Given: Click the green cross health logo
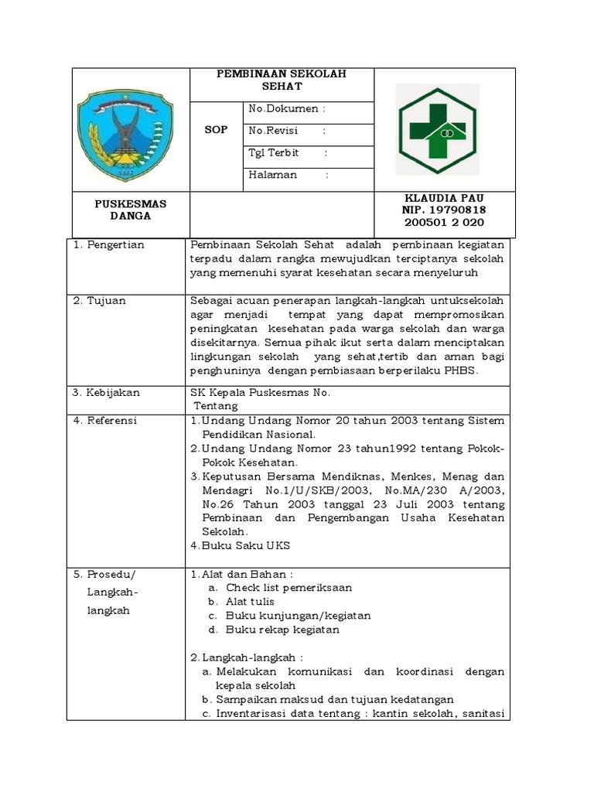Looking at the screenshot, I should [x=437, y=129].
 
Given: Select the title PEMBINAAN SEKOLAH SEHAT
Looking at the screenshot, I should [x=282, y=80].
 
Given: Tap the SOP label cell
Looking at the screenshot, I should [x=216, y=130].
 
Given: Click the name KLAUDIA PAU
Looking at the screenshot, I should [x=444, y=198].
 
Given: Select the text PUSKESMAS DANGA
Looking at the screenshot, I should [x=131, y=210].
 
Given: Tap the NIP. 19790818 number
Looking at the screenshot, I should [x=444, y=210].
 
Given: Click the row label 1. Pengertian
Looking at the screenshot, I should [x=109, y=245].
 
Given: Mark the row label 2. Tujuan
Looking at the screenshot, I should [x=101, y=301].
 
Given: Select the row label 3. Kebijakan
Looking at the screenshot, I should [x=107, y=393].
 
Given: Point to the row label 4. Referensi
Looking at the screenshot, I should [x=105, y=421].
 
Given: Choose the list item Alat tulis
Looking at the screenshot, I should [x=250, y=602].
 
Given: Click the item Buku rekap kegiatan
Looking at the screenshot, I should [x=282, y=630].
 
